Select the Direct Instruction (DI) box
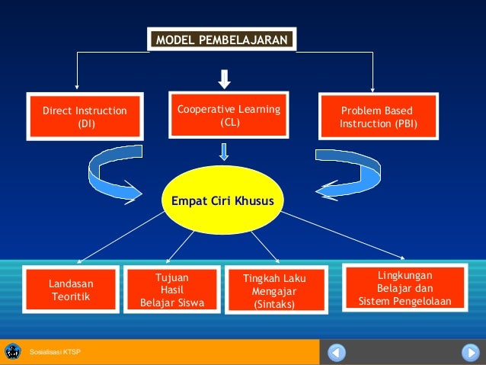(85, 116)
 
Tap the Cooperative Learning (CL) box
(229, 115)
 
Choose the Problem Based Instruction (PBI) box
(378, 117)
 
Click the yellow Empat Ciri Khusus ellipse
(224, 200)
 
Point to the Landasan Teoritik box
(70, 290)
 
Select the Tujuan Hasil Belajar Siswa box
(171, 291)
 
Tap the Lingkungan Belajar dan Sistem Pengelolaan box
(404, 288)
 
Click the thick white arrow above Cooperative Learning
(225, 79)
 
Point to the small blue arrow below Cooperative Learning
(224, 152)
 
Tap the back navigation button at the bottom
(337, 353)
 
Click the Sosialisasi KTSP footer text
(55, 353)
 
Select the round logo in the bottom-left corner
(13, 352)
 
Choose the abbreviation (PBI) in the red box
(401, 123)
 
